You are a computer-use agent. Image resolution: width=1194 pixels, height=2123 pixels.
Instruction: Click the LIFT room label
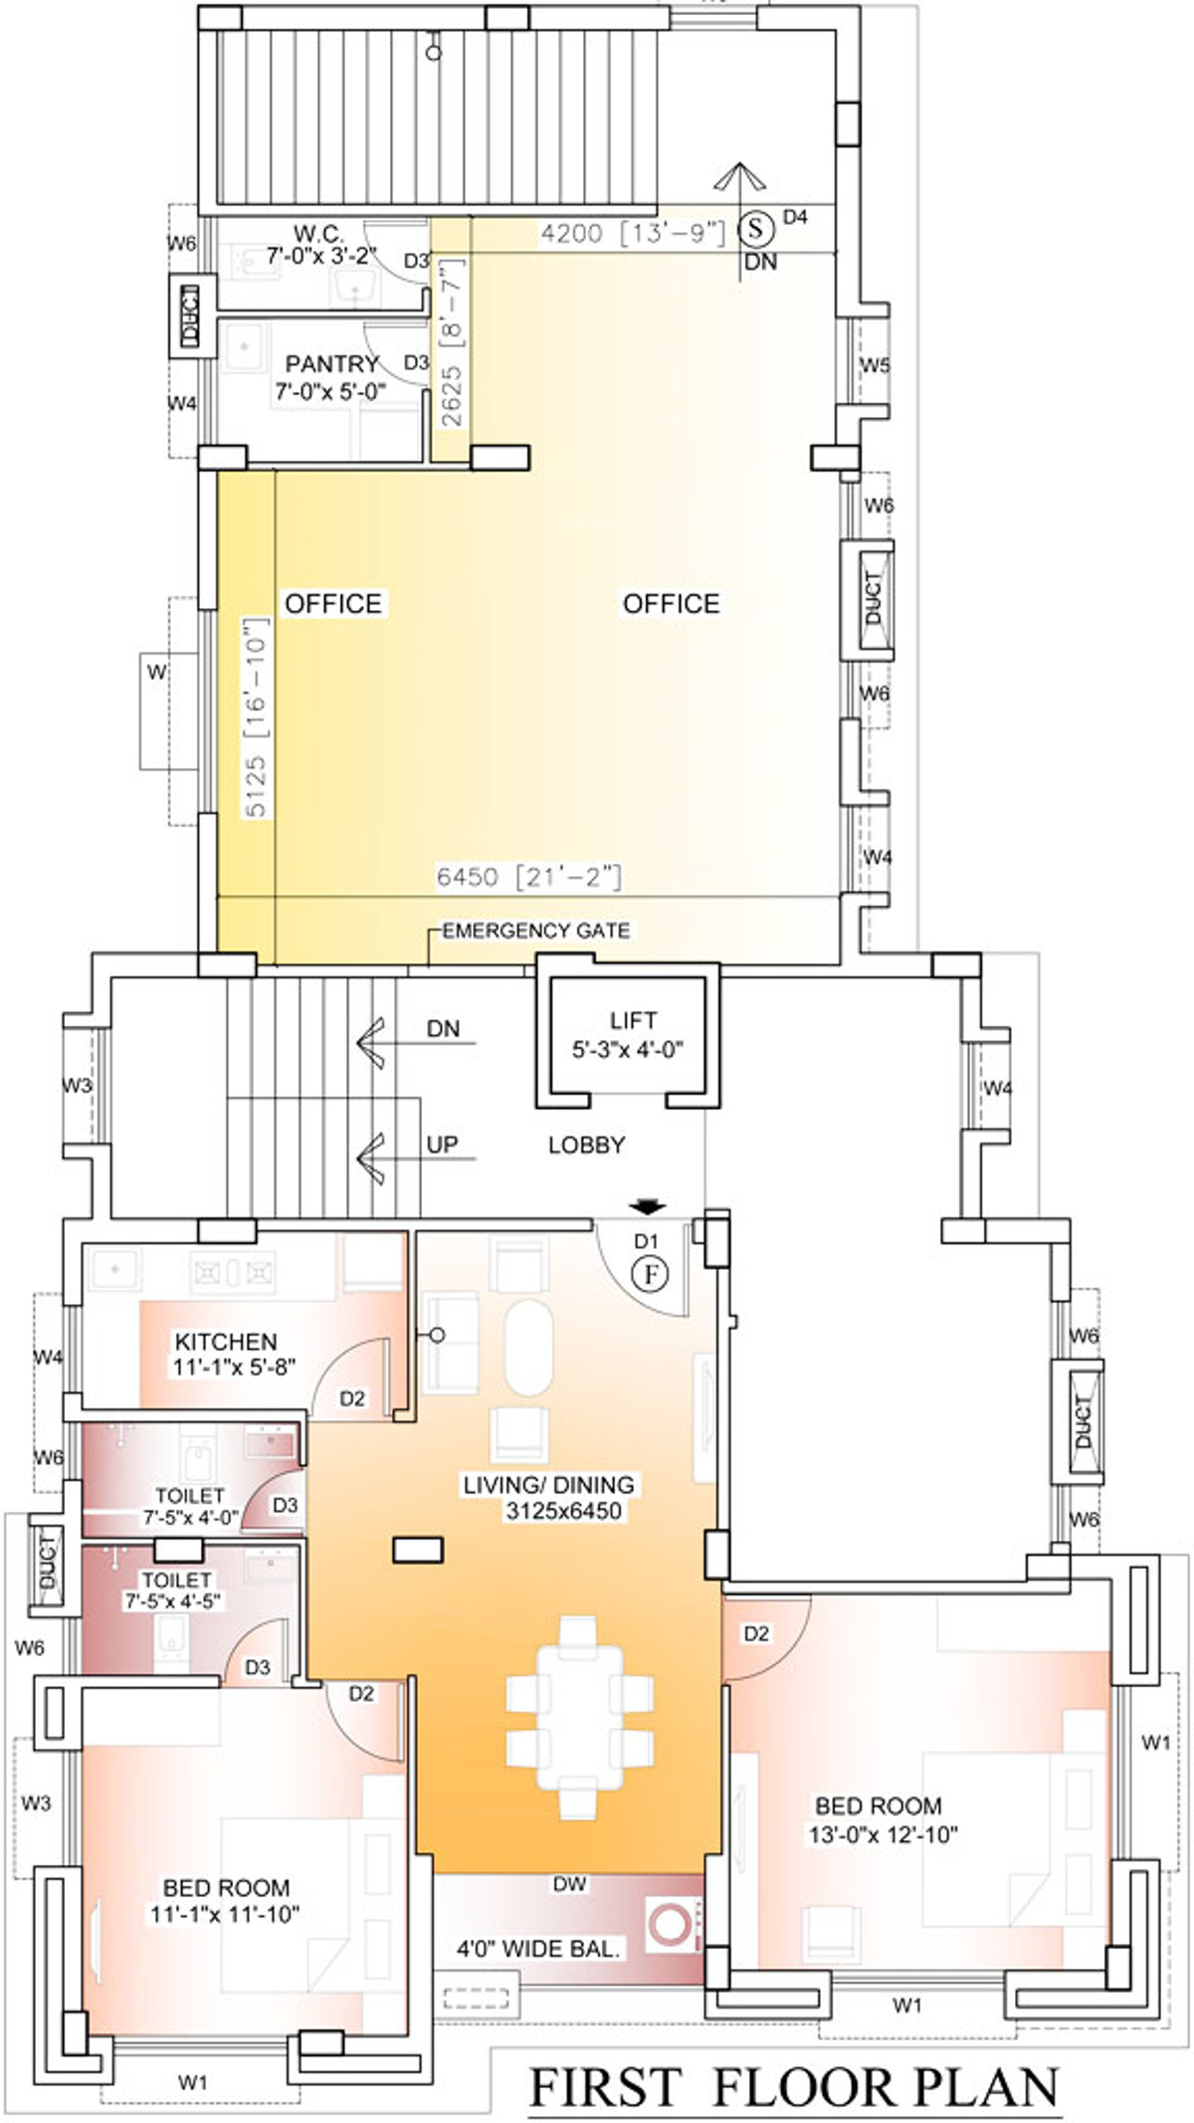[633, 1020]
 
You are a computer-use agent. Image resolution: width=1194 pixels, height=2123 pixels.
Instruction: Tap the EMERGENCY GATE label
[536, 931]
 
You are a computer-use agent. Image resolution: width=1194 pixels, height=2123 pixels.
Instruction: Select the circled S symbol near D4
[756, 229]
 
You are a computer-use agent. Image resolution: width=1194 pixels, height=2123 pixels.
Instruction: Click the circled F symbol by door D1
[649, 1274]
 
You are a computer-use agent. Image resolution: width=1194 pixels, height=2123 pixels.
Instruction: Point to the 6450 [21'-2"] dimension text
[528, 877]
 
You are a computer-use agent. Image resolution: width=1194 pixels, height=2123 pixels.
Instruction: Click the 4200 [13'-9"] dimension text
[632, 233]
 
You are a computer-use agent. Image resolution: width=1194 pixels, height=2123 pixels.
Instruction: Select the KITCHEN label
[226, 1342]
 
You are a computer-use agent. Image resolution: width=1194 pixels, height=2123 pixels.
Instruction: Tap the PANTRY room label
[332, 364]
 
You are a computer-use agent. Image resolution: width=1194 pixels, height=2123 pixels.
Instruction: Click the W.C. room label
[318, 235]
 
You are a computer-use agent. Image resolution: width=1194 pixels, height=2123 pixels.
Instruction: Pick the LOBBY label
[587, 1145]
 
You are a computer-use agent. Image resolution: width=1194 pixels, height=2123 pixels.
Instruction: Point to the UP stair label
[442, 1145]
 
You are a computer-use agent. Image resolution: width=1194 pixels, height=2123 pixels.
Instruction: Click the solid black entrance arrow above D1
[648, 1207]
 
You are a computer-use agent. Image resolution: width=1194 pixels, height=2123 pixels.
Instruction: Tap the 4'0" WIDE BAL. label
[539, 1948]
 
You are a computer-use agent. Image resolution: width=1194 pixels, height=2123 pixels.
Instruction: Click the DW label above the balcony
[570, 1883]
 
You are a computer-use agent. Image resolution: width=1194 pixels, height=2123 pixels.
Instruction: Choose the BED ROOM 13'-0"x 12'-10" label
[884, 1819]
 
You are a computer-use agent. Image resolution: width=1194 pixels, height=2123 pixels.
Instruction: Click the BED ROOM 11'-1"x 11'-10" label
[226, 1901]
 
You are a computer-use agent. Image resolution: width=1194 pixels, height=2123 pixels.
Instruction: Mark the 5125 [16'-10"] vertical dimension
[256, 718]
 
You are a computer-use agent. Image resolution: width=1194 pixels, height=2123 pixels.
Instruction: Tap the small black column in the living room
[418, 1550]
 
